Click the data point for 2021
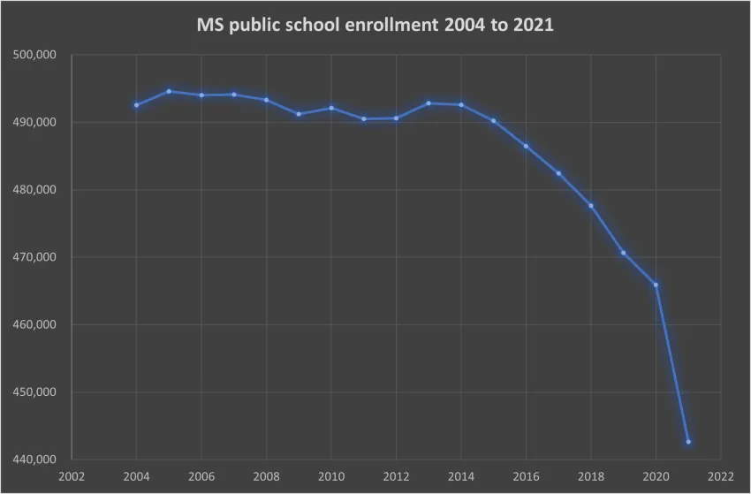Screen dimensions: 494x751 coord(688,442)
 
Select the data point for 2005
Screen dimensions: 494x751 coord(169,91)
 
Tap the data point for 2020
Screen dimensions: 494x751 coord(656,285)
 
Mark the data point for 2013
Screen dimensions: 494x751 coord(429,103)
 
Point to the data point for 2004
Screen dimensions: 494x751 coord(136,105)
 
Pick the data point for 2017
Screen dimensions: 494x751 coord(558,173)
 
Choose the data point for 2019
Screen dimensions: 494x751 coord(623,253)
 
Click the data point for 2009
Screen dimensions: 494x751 coord(299,114)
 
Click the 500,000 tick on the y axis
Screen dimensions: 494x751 coord(35,55)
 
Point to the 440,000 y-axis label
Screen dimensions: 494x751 coord(35,460)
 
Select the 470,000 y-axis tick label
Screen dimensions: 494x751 coord(35,257)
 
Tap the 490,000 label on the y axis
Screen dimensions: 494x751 coord(35,122)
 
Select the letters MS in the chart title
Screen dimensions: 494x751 coord(209,26)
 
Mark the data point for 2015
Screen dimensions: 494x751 coord(493,120)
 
